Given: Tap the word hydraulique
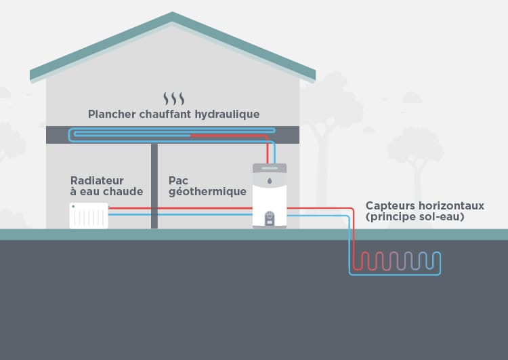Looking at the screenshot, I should pos(226,114).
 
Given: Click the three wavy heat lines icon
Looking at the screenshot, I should pos(173,98).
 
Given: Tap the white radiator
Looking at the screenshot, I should pos(89,216).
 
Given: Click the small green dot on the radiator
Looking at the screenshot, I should pos(73,206).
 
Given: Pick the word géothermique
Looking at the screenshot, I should pos(207,192).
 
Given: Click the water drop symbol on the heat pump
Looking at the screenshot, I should pos(270,182).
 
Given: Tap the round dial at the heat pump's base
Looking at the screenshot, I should pos(270,217).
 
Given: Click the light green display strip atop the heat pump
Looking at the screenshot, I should pos(270,167).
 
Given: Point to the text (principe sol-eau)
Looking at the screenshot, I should pos(415,217).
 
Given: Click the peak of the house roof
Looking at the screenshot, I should pos(173,14).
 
